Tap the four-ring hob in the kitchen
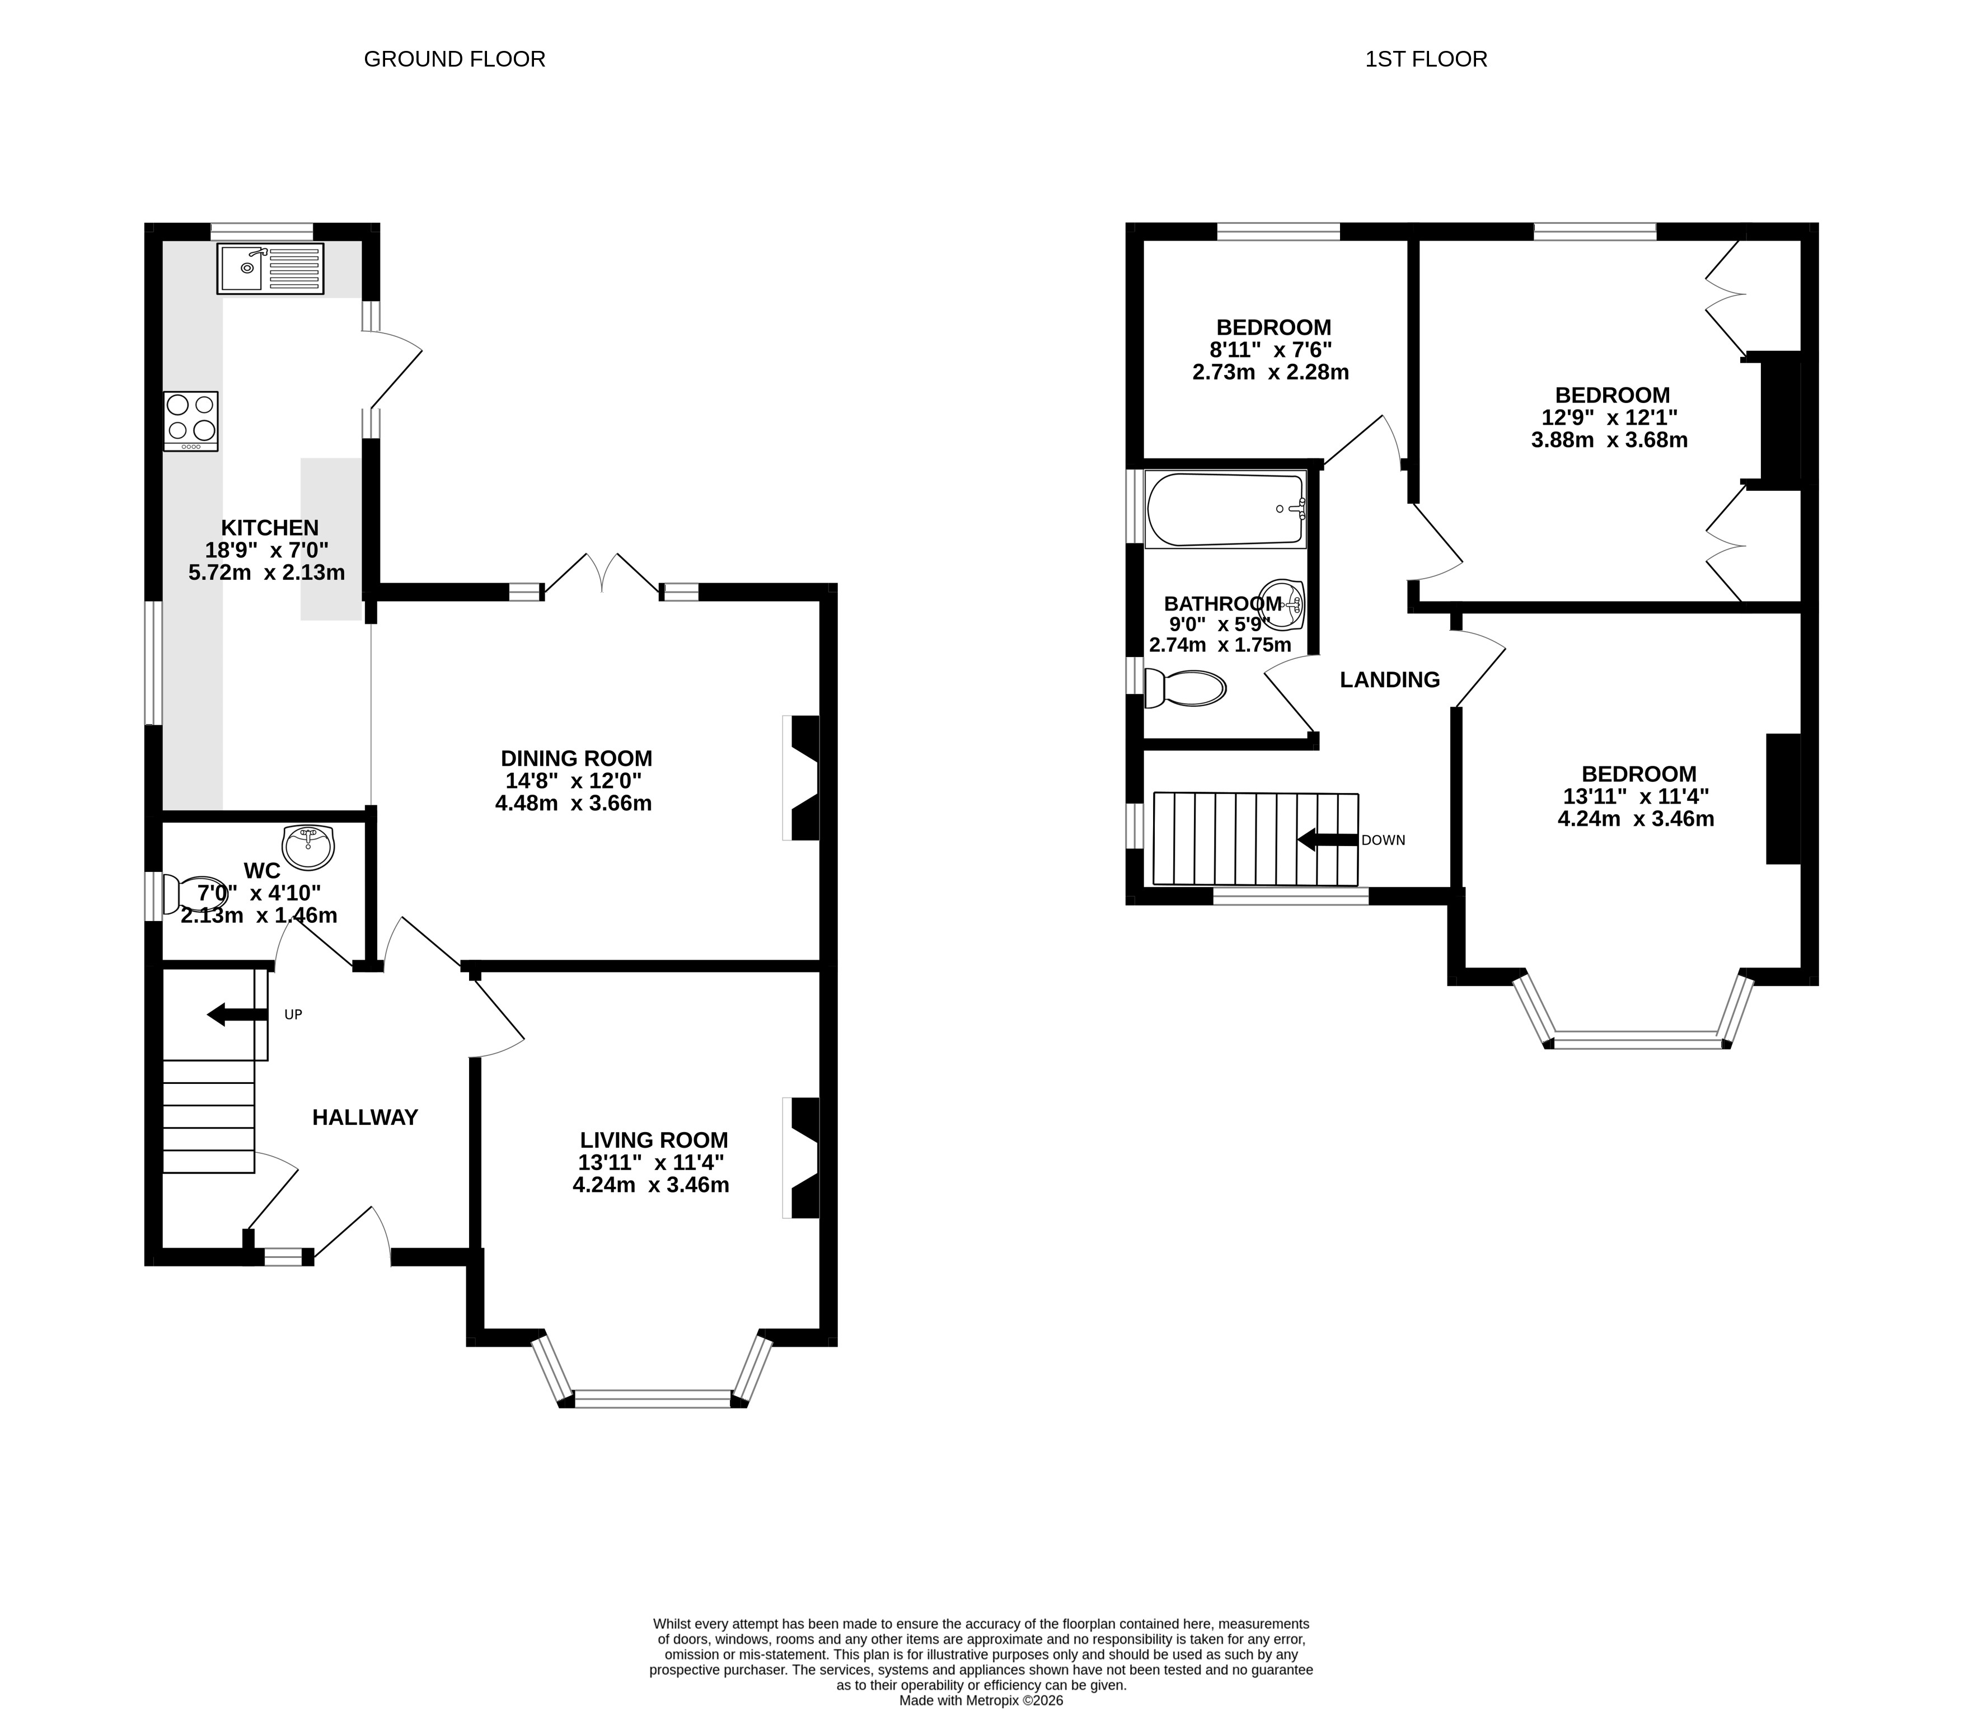191,421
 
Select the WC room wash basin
308,847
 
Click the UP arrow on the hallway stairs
237,1014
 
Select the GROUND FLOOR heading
455,59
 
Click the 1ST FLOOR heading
1426,59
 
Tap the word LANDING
1390,679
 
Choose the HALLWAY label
366,1117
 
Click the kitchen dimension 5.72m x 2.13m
267,572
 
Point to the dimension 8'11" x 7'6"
1271,350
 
